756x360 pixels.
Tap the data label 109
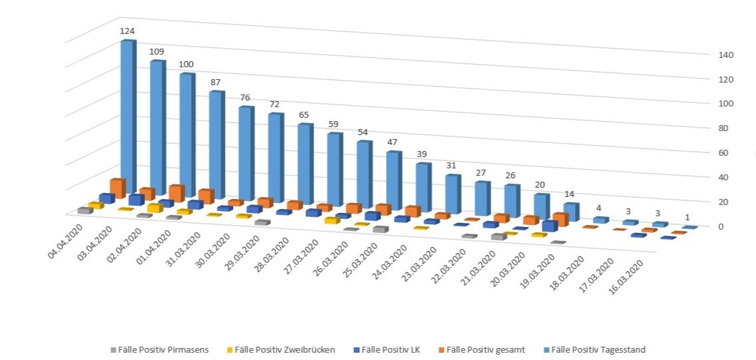(x=156, y=51)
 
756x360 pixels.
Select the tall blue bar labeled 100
(x=186, y=133)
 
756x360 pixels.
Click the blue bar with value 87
(x=216, y=143)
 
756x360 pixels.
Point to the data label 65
(x=303, y=114)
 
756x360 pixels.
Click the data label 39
(x=421, y=154)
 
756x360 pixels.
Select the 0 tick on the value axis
(x=721, y=226)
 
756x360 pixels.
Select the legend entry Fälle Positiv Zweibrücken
(x=284, y=349)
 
